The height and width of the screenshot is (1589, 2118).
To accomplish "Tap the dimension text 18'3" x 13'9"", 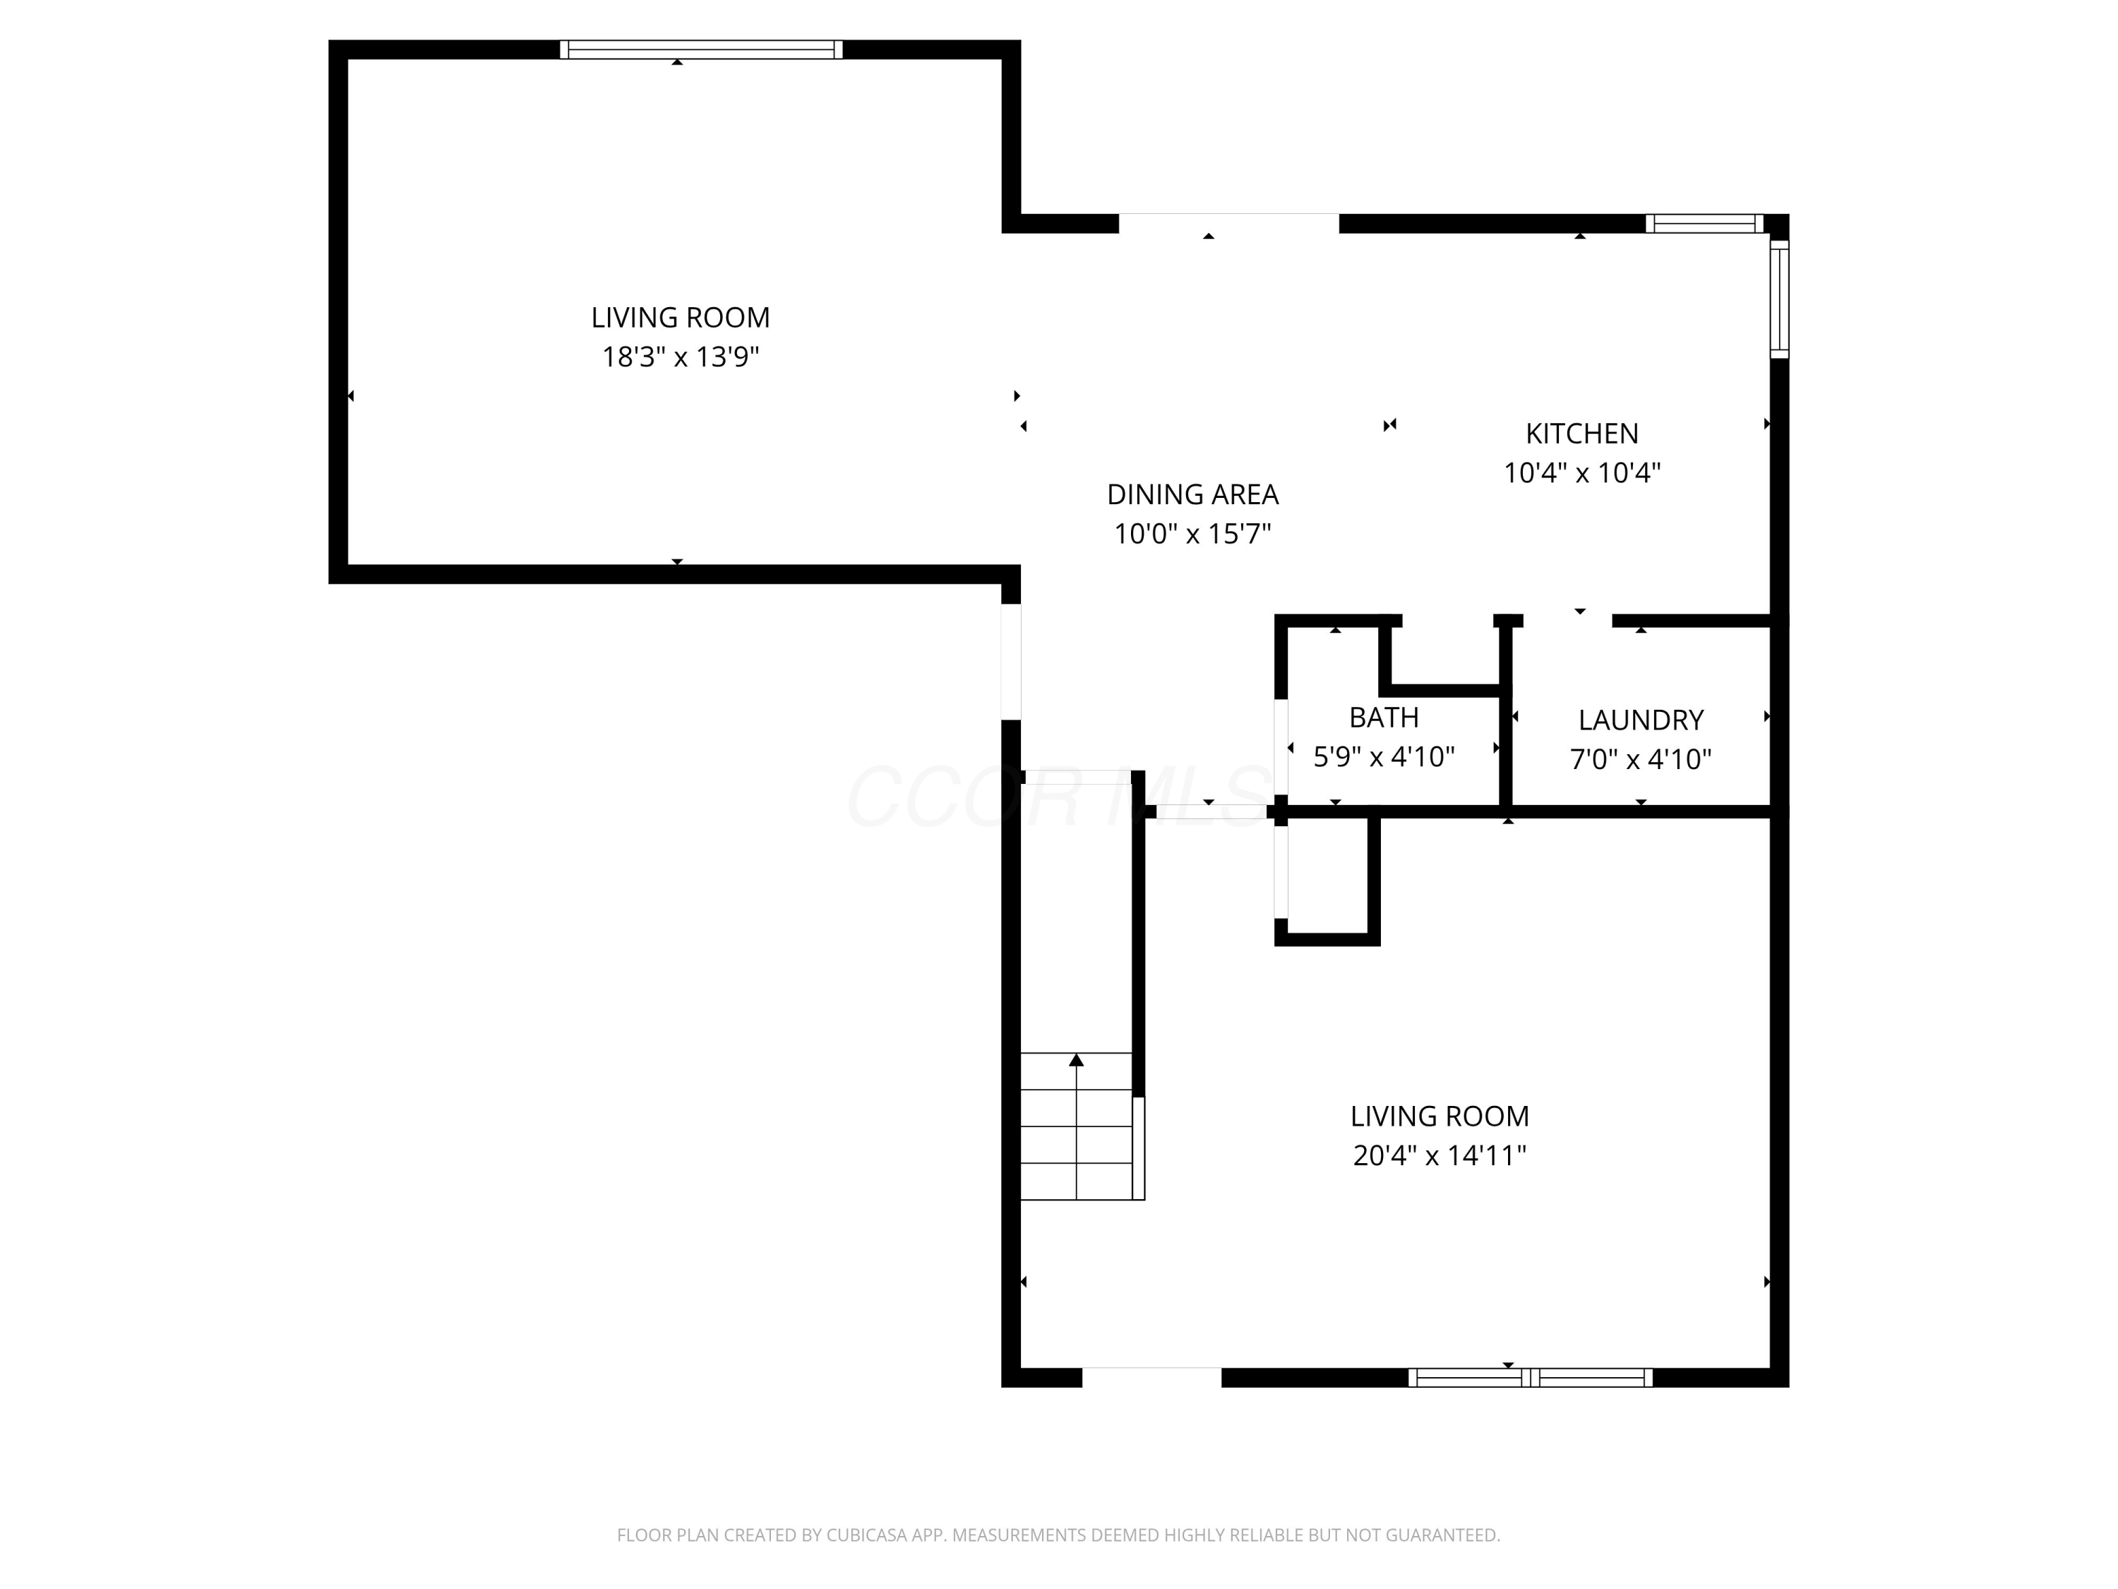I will pyautogui.click(x=680, y=357).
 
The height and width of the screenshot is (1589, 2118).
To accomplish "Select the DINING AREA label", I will pyautogui.click(x=1192, y=494).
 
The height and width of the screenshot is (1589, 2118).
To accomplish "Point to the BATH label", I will pyautogui.click(x=1384, y=718).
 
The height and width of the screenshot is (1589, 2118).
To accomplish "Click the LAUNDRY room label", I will pyautogui.click(x=1640, y=720).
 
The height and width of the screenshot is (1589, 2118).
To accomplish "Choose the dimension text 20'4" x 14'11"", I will pyautogui.click(x=1438, y=1156).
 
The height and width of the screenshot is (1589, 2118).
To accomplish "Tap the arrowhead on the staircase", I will pyautogui.click(x=1076, y=1059).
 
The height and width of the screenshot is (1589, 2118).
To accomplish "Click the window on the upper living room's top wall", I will pyautogui.click(x=701, y=50).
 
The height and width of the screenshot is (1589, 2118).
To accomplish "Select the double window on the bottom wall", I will pyautogui.click(x=1530, y=1377).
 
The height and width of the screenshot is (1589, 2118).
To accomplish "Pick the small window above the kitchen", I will pyautogui.click(x=1704, y=224).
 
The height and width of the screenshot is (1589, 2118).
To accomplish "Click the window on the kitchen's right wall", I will pyautogui.click(x=1779, y=299).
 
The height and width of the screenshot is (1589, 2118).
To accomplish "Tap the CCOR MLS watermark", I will pyautogui.click(x=1058, y=797).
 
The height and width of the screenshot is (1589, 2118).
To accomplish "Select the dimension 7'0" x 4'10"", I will pyautogui.click(x=1640, y=759).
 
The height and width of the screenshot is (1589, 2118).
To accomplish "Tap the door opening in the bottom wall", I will pyautogui.click(x=1151, y=1377).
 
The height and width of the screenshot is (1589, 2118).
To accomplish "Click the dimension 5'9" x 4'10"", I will pyautogui.click(x=1384, y=758).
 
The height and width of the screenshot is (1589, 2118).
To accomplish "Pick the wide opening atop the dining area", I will pyautogui.click(x=1228, y=223).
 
